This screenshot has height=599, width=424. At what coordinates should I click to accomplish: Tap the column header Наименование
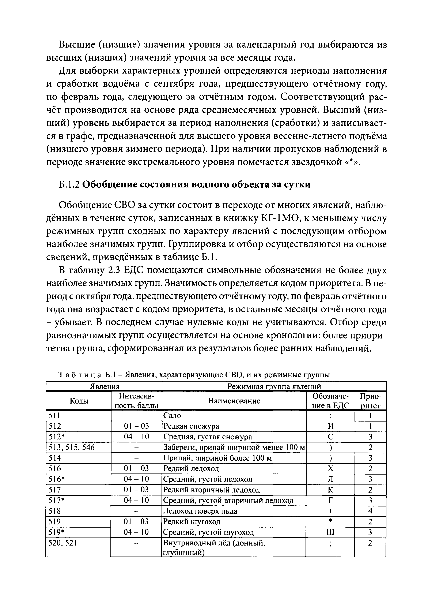234,401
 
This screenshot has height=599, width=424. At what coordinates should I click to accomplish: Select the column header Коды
79,401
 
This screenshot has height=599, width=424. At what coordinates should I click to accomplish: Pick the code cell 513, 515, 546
72,448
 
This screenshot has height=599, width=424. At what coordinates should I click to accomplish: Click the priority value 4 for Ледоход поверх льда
370,511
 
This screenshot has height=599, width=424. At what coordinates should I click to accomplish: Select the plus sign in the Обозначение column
330,511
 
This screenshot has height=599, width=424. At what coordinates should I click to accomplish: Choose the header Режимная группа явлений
274,386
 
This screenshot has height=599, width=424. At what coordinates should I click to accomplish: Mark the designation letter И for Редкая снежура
330,426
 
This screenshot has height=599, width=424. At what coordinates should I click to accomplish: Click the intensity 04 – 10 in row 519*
136,532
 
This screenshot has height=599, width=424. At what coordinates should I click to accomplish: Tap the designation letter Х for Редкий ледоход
330,469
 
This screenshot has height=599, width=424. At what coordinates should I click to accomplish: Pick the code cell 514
55,458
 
